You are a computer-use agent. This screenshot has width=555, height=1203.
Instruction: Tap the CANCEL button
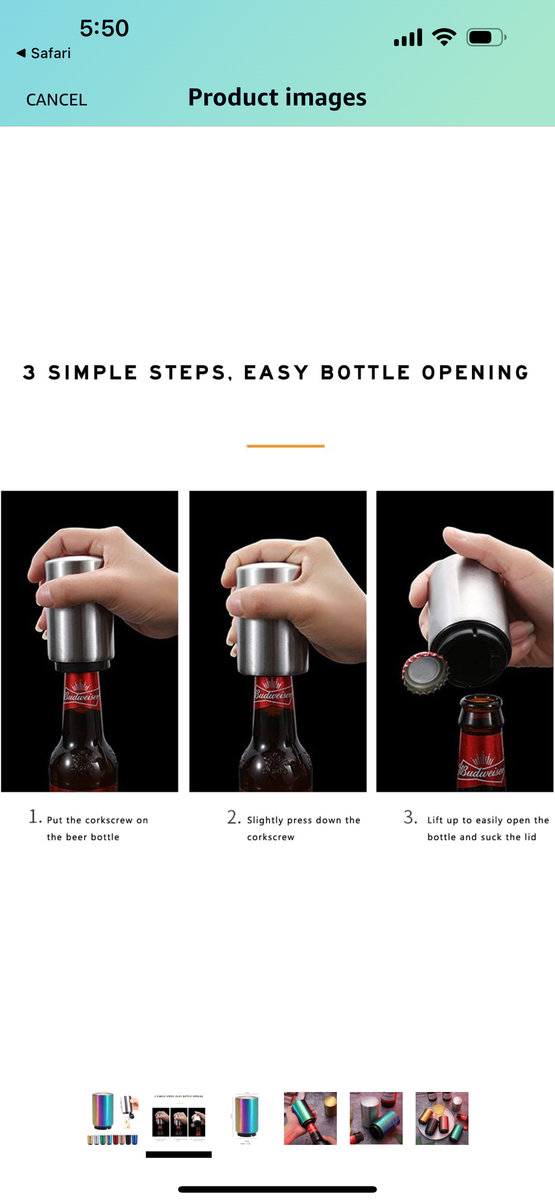tap(56, 99)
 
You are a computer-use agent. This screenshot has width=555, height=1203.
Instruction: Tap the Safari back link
tap(44, 53)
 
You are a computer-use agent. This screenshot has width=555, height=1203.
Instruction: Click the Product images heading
tap(277, 97)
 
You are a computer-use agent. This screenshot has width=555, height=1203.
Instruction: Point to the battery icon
tap(486, 37)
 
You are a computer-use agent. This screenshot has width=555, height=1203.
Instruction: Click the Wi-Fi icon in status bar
tap(444, 37)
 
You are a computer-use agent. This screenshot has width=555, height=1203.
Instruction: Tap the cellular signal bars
tap(408, 37)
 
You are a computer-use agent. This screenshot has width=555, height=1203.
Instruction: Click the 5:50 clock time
tap(104, 28)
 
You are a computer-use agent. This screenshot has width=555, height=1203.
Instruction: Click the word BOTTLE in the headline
tap(365, 373)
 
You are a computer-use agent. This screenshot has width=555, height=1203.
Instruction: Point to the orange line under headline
tap(285, 446)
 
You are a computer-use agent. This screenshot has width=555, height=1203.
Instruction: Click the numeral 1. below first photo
tap(35, 817)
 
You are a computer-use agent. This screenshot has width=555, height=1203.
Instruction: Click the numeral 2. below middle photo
tap(234, 817)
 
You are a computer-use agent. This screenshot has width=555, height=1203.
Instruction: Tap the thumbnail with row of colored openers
tap(113, 1118)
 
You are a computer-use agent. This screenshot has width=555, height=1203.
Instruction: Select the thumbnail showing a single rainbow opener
tap(245, 1118)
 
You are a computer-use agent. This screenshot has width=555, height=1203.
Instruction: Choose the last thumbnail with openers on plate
tap(441, 1118)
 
